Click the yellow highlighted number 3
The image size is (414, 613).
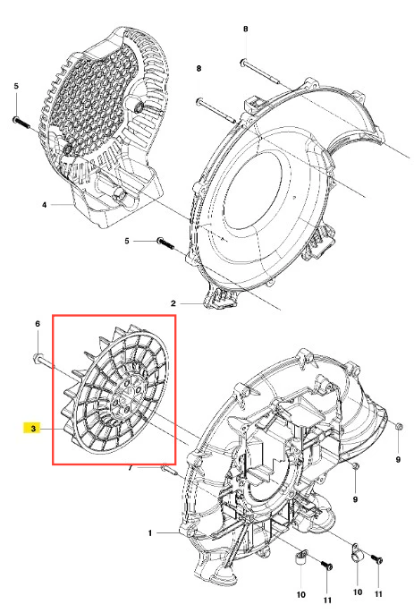coord(33,429)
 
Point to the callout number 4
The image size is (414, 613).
coord(45,204)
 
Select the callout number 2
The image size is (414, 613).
coord(173,303)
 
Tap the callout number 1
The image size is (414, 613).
coord(150,533)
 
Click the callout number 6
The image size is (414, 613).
coord(38,324)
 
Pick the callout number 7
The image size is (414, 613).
coord(131,468)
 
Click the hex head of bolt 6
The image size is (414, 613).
coord(36,357)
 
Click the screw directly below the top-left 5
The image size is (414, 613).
coord(21,123)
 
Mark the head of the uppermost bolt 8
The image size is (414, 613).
coord(242,62)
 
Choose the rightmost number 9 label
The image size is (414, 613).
coord(399,460)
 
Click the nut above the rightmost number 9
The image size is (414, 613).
coord(399,426)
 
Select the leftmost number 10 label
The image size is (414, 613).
coord(300,594)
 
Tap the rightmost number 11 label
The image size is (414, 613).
coord(378,594)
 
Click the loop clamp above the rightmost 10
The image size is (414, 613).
coord(357,553)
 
